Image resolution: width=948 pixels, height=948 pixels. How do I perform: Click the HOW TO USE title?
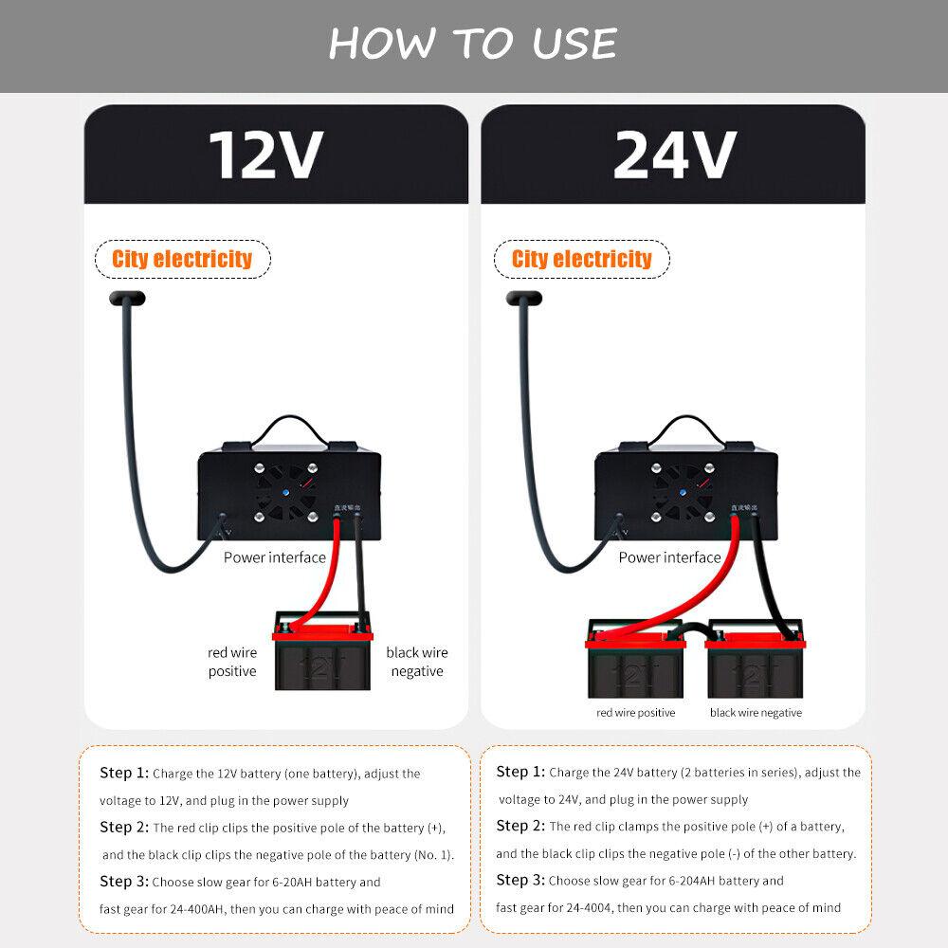(473, 44)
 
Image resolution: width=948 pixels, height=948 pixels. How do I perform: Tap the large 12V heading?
(266, 155)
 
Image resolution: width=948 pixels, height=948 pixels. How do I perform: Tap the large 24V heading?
(674, 155)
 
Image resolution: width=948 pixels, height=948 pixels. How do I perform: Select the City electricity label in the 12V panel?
(182, 259)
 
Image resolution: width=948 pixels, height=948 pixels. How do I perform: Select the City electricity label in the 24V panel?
(582, 259)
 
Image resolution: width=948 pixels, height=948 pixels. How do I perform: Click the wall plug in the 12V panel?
(128, 299)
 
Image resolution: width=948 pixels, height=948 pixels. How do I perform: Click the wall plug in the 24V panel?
(524, 299)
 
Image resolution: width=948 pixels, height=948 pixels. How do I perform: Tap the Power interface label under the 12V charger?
(274, 557)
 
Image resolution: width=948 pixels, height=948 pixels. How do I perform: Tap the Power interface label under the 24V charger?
(669, 557)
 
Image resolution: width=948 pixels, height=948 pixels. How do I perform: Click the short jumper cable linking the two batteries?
(695, 629)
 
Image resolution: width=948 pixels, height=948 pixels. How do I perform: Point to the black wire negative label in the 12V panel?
(416, 662)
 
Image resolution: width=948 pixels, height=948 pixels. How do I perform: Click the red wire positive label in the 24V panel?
(635, 713)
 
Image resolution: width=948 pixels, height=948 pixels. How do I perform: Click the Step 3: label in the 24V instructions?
(520, 880)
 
